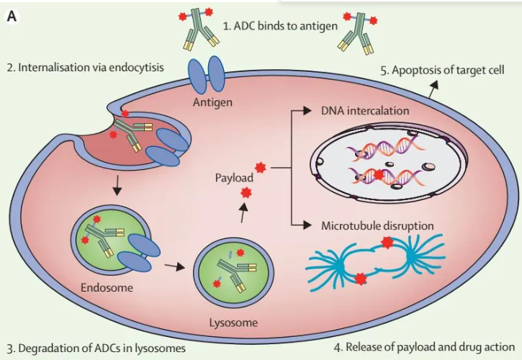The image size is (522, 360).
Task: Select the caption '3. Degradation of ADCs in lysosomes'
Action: pos(96,348)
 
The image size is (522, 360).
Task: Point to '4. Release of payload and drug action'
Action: pos(431,347)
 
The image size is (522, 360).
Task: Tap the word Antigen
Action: pos(212,102)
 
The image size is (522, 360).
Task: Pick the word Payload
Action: pos(233,176)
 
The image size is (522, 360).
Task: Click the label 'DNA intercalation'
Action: pos(365,112)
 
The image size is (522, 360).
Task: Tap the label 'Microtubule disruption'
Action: pos(377,226)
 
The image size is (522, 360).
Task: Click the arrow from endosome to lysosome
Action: pos(174,266)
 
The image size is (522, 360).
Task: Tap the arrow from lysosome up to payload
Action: pos(243,212)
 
